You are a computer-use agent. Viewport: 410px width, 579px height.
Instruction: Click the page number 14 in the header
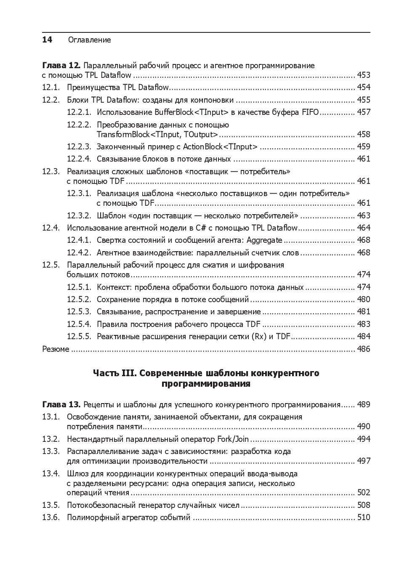47,40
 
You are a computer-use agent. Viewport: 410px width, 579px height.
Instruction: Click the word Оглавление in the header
89,40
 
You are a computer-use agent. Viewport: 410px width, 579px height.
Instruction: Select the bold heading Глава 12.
61,66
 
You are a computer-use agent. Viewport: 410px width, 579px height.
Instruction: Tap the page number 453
364,75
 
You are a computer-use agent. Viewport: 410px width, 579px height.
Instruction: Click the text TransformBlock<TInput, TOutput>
157,135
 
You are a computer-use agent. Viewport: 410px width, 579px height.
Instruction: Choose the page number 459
364,147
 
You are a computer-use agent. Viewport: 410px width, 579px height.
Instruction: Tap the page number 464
364,228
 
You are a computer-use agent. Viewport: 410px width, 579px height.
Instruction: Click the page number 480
364,300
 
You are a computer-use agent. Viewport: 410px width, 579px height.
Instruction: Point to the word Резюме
56,349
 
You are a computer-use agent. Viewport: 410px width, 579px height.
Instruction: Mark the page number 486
364,349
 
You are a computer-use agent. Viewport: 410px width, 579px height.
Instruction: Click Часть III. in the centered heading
114,373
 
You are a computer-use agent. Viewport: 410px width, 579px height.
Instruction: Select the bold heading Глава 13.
61,405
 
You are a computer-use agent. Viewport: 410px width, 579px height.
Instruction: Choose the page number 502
364,493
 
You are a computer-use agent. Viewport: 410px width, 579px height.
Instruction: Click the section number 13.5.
51,505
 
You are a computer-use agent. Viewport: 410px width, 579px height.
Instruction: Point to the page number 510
364,518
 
